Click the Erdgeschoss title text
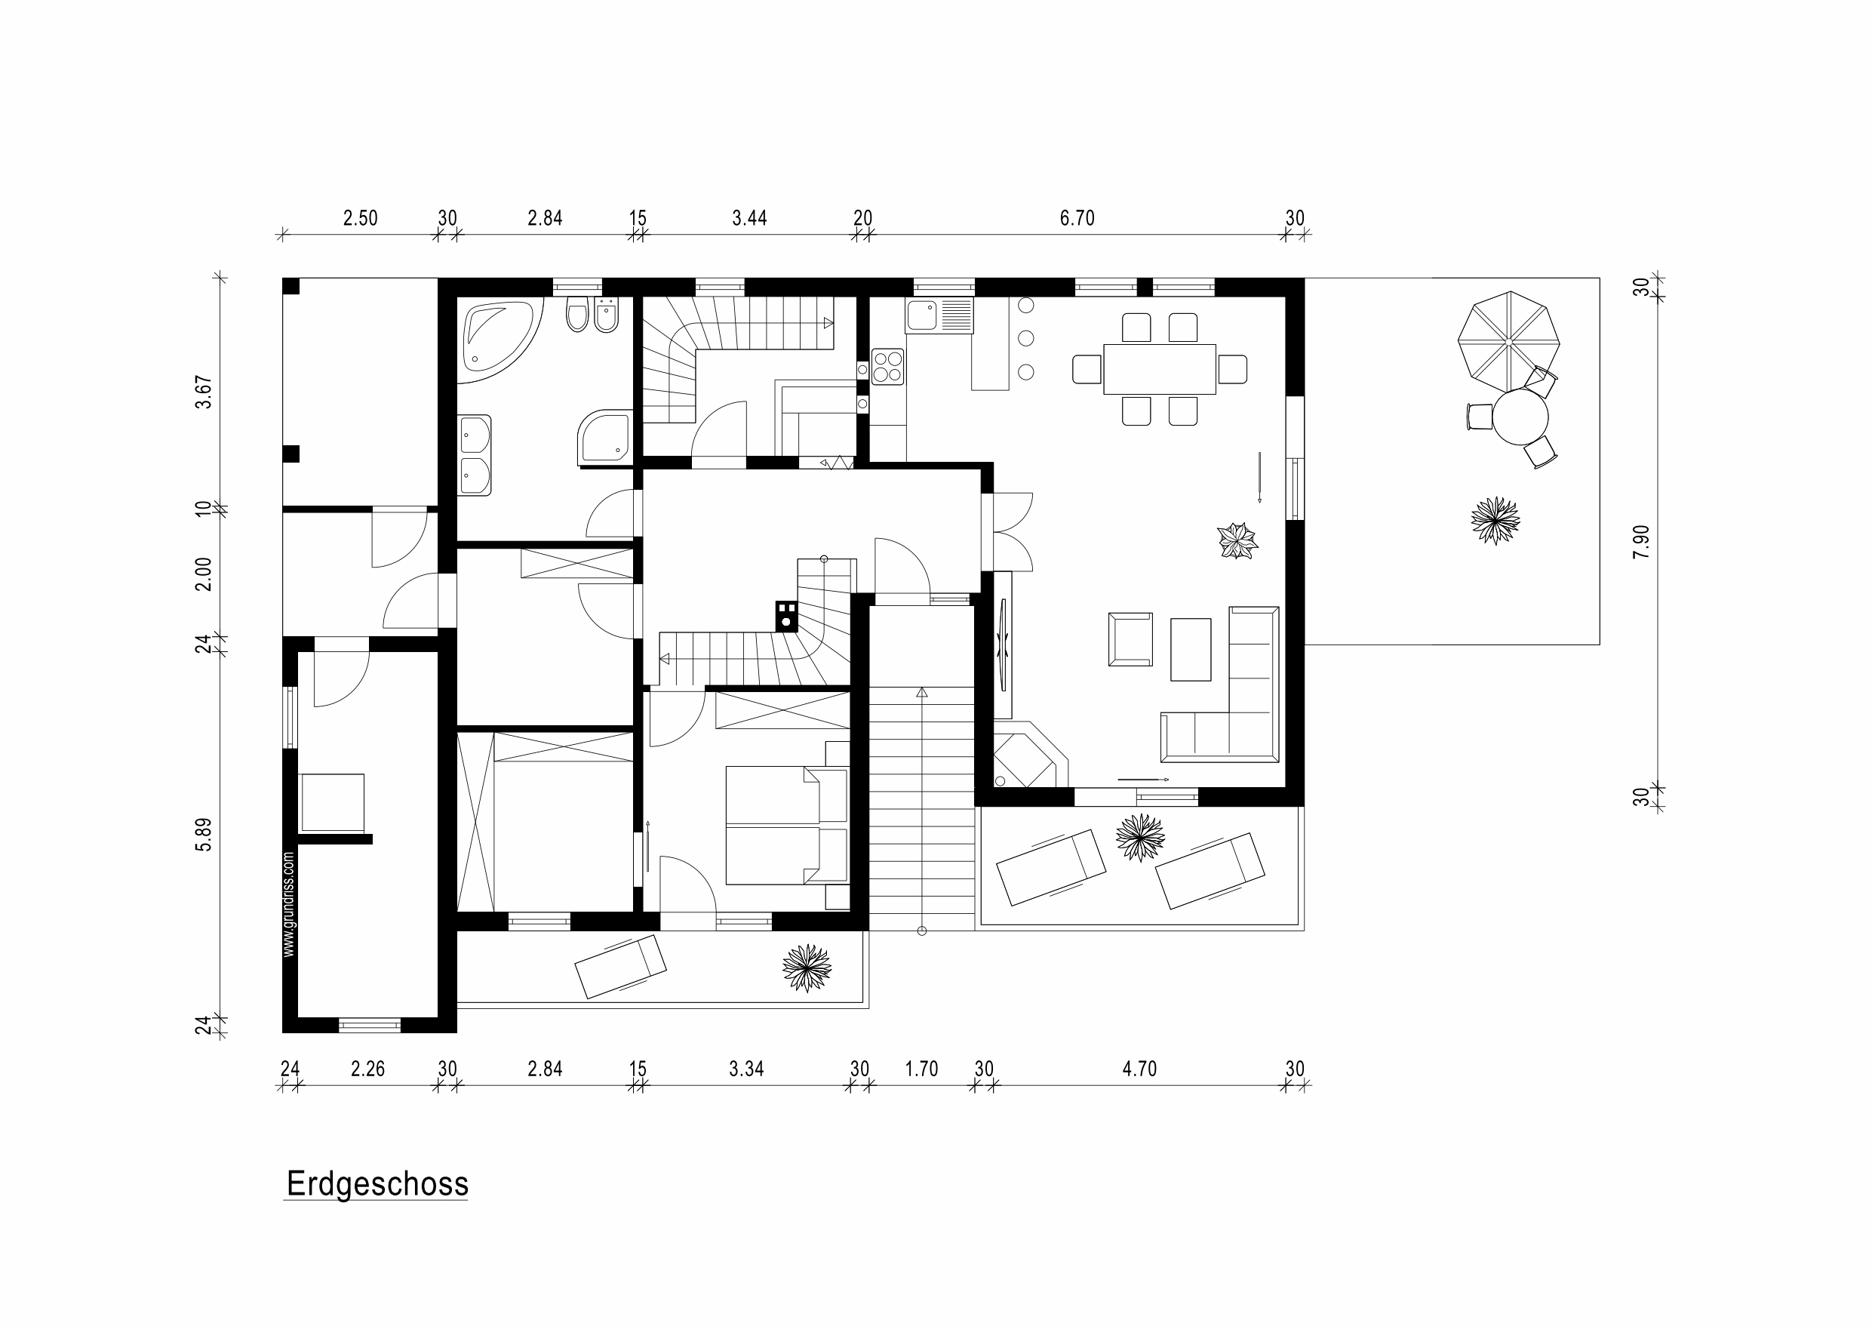click(x=377, y=1184)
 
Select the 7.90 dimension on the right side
click(x=1641, y=542)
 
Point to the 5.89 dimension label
click(x=204, y=834)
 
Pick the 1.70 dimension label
click(x=921, y=1069)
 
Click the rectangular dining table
click(x=1160, y=369)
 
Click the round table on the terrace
click(x=1520, y=417)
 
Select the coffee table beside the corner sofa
click(x=1191, y=649)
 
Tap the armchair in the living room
click(x=1130, y=639)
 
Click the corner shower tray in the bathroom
click(x=604, y=436)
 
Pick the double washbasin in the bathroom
click(x=475, y=455)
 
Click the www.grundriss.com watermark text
click(x=288, y=904)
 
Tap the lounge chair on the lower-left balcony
click(x=620, y=968)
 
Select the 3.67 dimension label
click(x=204, y=392)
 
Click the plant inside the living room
click(x=1237, y=541)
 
